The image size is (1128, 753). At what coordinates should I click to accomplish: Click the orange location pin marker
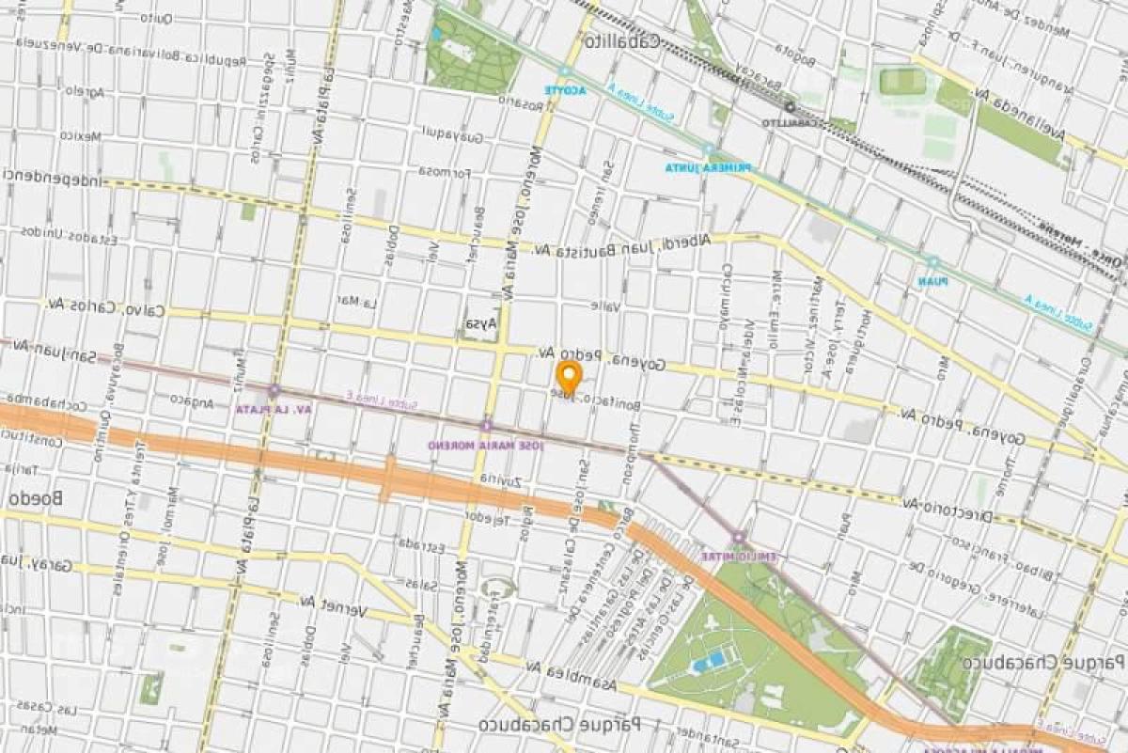[x=568, y=377]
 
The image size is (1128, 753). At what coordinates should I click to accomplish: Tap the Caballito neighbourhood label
[x=621, y=42]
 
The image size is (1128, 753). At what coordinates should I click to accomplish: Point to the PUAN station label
[x=932, y=279]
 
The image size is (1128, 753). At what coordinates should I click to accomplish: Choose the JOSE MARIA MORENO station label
[x=485, y=444]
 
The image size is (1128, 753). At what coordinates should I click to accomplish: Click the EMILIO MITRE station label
[x=739, y=556]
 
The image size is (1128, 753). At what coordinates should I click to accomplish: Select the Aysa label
[x=480, y=324]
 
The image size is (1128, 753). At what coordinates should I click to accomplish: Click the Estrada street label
[x=419, y=543]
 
